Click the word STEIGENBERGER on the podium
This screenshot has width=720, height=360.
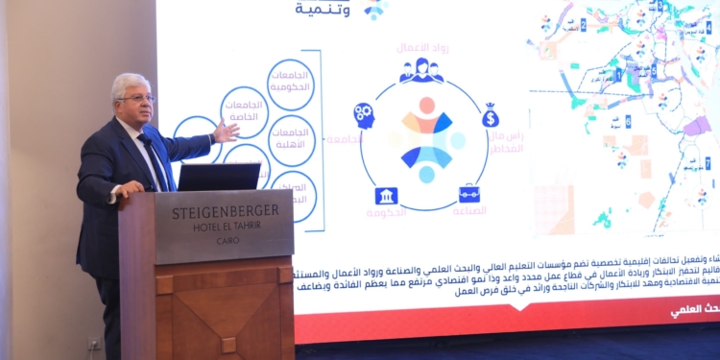226,212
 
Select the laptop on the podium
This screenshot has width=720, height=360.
219,177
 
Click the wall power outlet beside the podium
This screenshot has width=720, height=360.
93,343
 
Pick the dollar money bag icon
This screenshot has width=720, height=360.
491,115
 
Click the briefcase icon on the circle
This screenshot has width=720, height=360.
468,194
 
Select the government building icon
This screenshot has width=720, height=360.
387,195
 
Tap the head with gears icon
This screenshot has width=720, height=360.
364,115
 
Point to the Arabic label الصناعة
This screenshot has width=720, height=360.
469,210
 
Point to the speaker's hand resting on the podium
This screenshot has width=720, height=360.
124,191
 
